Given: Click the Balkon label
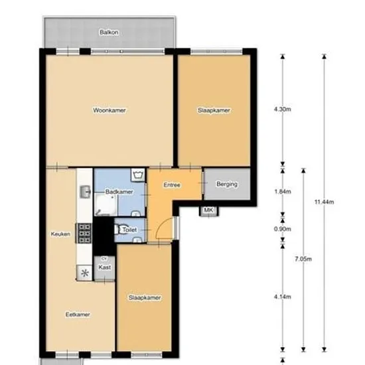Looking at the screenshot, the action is click(x=109, y=32).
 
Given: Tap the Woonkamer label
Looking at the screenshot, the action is click(x=110, y=110).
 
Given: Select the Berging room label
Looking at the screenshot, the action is click(x=227, y=184).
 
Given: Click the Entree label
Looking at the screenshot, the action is click(x=172, y=185).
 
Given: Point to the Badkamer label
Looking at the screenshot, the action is click(x=119, y=192).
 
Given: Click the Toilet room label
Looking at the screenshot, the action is click(x=129, y=230).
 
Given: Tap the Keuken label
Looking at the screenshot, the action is click(x=60, y=234).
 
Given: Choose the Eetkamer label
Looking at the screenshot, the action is click(x=78, y=315).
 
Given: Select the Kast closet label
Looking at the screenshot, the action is click(x=104, y=267).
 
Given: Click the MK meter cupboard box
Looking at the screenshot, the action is click(x=208, y=210).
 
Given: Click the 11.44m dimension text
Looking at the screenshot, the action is click(x=325, y=202).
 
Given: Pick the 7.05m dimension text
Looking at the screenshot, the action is click(x=303, y=259).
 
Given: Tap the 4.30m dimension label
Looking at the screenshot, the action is click(x=283, y=110).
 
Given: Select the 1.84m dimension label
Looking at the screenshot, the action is click(x=283, y=191).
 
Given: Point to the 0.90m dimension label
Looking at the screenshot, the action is click(x=283, y=229).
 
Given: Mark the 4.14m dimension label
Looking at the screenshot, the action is click(x=283, y=297).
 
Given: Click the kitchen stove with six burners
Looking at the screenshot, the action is click(x=84, y=233).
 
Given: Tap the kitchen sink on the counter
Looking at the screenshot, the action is click(x=85, y=192).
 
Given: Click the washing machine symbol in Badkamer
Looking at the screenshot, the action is click(x=138, y=175).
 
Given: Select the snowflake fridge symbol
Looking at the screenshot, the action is click(x=84, y=273).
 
